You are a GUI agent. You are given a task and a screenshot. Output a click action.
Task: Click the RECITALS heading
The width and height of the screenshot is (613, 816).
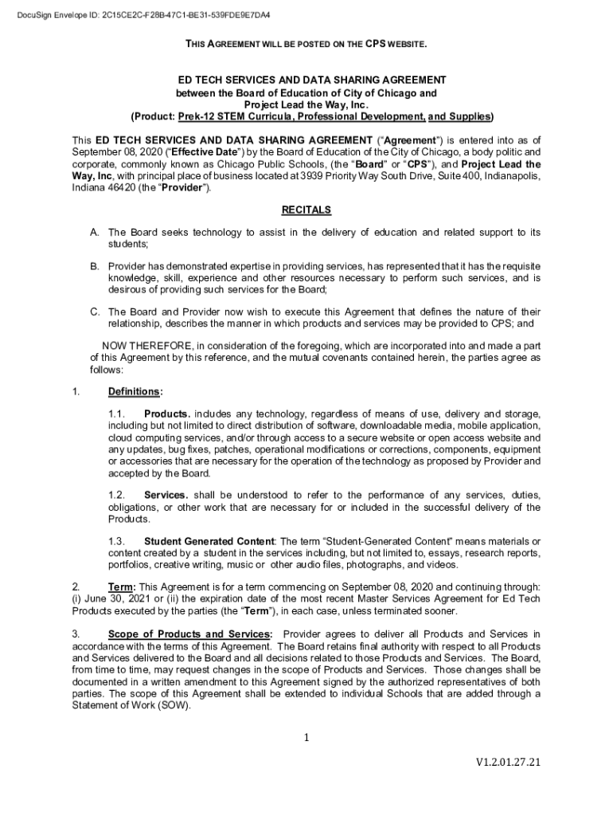click(x=306, y=210)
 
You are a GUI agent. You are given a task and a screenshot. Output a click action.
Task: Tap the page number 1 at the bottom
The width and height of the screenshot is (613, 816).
click(x=306, y=738)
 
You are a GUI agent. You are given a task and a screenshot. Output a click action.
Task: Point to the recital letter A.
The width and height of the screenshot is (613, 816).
click(x=94, y=232)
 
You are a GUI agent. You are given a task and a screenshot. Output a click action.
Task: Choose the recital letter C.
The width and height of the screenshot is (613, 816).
click(x=94, y=312)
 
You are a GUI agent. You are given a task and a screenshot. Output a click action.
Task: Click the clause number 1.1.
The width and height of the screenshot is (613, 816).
click(x=117, y=414)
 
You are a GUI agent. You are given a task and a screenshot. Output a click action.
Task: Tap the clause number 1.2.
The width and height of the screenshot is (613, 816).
click(x=117, y=495)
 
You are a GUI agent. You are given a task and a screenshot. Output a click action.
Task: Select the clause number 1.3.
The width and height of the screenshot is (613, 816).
click(x=117, y=542)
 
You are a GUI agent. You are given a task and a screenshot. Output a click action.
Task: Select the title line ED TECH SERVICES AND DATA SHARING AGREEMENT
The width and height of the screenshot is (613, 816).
click(x=306, y=80)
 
